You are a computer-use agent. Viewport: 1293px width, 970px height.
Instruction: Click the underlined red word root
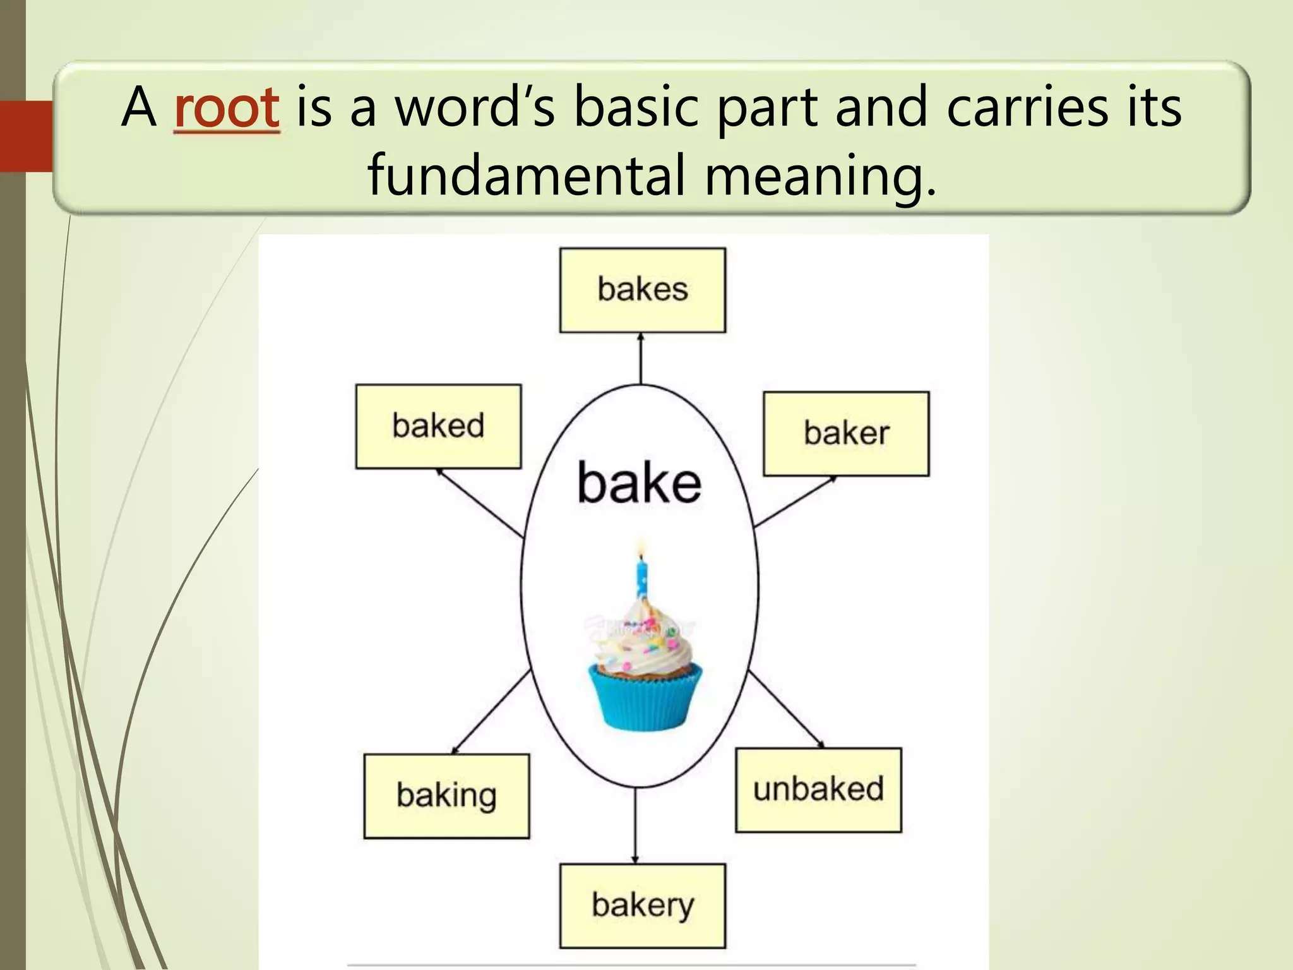tap(226, 107)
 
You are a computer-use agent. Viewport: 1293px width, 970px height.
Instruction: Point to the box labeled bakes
tap(642, 290)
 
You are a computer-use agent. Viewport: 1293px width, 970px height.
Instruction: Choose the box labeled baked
tap(438, 426)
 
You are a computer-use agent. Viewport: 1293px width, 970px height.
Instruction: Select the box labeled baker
tap(846, 433)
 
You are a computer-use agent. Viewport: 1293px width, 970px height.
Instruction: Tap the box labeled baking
tap(446, 796)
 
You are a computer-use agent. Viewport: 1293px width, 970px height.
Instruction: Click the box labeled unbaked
tap(818, 790)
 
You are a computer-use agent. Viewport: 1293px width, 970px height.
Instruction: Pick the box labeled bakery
tap(642, 906)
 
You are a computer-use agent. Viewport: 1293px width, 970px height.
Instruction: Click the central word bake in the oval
tap(639, 483)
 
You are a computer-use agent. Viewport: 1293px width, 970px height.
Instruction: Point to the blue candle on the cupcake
tap(641, 578)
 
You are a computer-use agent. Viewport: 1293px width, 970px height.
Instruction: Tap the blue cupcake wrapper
tap(644, 698)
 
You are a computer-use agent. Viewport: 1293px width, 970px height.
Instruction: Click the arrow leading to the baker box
tap(795, 501)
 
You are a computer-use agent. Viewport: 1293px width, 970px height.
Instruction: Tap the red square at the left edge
tap(26, 136)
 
